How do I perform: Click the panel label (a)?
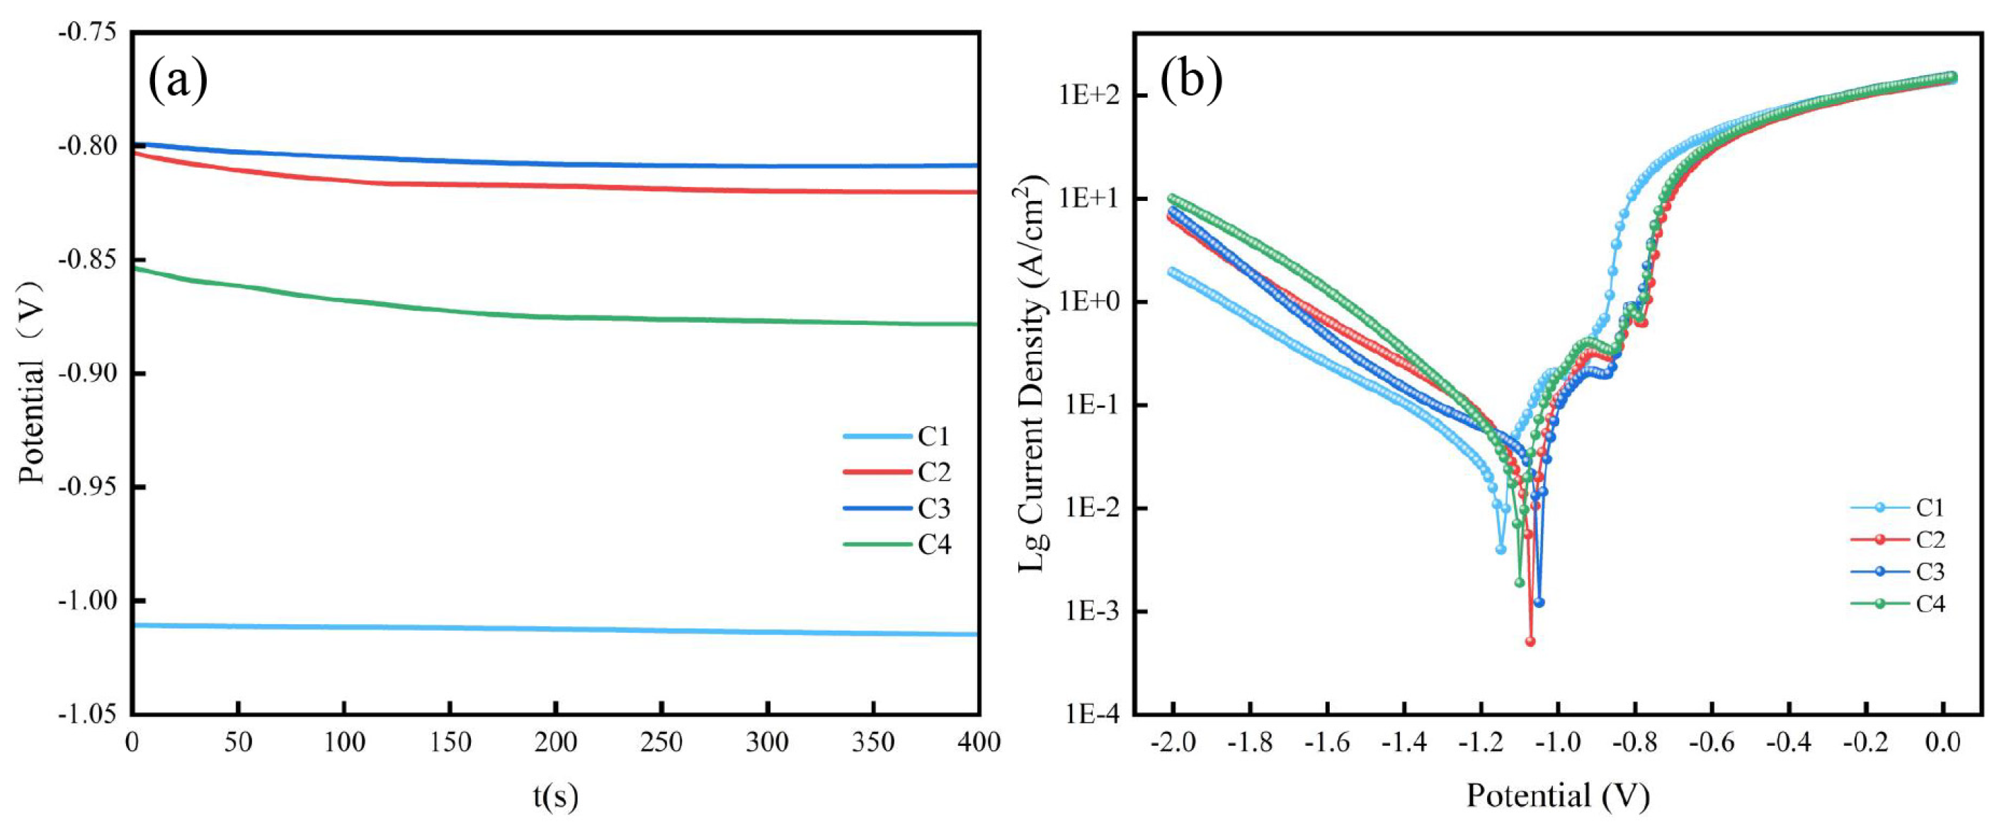click(178, 79)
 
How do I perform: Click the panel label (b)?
click(1191, 79)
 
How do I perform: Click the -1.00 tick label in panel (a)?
click(87, 600)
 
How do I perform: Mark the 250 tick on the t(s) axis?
click(661, 742)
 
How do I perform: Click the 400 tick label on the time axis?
click(978, 742)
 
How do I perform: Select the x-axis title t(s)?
click(555, 795)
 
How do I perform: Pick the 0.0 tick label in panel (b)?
click(1942, 742)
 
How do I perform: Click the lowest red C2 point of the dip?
click(1530, 642)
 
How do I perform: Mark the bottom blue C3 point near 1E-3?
click(1539, 603)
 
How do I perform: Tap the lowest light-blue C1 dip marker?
click(1501, 549)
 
